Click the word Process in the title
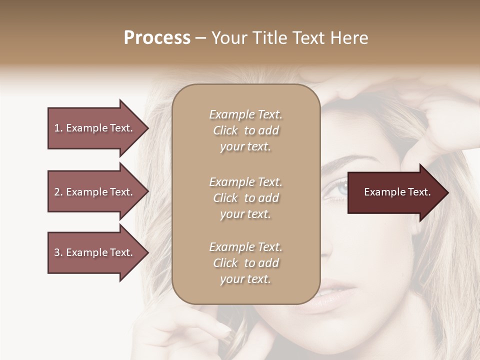point(157,38)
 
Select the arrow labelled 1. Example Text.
point(95,128)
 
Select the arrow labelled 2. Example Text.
point(95,192)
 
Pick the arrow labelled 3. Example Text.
point(95,252)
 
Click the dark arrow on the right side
point(395,192)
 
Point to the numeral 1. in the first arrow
point(58,128)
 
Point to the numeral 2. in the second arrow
point(58,192)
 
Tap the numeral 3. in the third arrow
point(58,252)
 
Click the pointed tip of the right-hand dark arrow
point(446,192)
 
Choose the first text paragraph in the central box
point(245,130)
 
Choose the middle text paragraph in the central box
point(245,198)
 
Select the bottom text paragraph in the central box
point(245,263)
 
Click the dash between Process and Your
point(201,38)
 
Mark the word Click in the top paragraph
point(225,130)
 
